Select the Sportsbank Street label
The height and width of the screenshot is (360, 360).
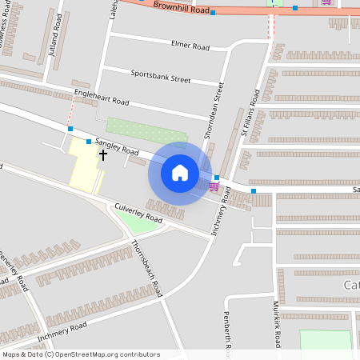pos(160,76)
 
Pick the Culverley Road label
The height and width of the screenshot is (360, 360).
pos(138,212)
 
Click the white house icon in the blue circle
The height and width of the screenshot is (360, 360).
pos(180,173)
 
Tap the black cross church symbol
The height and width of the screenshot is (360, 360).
pos(102,154)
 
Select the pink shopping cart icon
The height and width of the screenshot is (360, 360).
pos(213,186)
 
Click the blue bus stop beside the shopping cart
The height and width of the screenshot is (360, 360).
pos(217,178)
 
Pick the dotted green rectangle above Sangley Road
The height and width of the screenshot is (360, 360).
pos(147,131)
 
